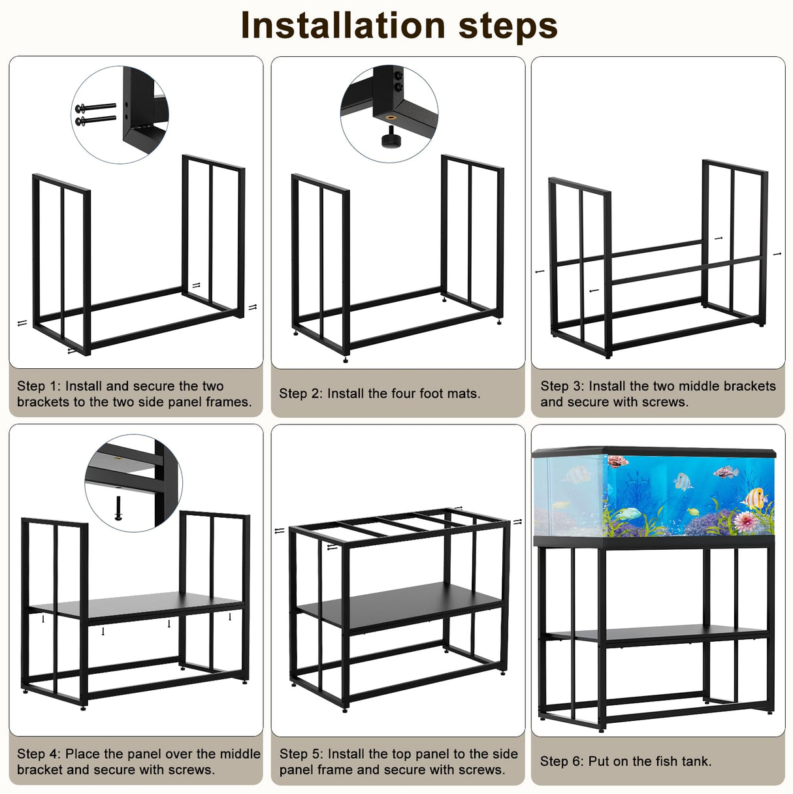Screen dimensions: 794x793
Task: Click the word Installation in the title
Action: pyautogui.click(x=343, y=25)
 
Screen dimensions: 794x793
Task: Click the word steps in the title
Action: pyautogui.click(x=508, y=25)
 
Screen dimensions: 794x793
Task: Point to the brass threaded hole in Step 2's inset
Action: pyautogui.click(x=391, y=118)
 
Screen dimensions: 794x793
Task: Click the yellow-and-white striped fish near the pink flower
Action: pyautogui.click(x=755, y=498)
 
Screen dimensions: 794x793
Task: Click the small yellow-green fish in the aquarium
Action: pyautogui.click(x=691, y=511)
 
